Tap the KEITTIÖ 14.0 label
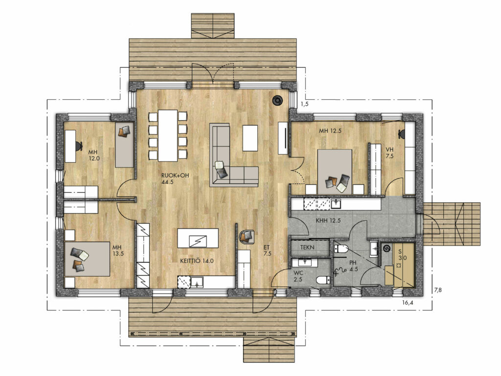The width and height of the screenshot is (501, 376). coord(197,261)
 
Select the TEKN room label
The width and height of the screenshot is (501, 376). coord(307,247)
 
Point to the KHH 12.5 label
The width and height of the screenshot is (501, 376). coord(328,220)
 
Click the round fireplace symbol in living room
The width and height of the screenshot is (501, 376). coord(277,100)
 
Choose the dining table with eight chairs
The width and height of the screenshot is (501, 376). coord(168,136)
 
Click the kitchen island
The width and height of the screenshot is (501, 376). coord(198,238)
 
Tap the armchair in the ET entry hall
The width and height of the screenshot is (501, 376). coord(247,236)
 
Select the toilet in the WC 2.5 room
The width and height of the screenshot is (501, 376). coord(323,281)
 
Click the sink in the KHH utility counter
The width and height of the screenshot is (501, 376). coord(336,204)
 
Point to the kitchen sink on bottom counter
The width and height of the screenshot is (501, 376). coord(197,282)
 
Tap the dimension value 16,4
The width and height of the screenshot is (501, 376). coord(408,303)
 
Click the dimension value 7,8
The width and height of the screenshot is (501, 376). coord(437,290)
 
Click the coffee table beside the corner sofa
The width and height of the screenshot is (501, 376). coord(250,138)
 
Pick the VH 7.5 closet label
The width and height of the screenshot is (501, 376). coord(389,153)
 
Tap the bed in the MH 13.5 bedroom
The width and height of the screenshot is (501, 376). coord(87,259)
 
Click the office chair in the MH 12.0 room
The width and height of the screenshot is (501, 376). coord(78,145)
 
